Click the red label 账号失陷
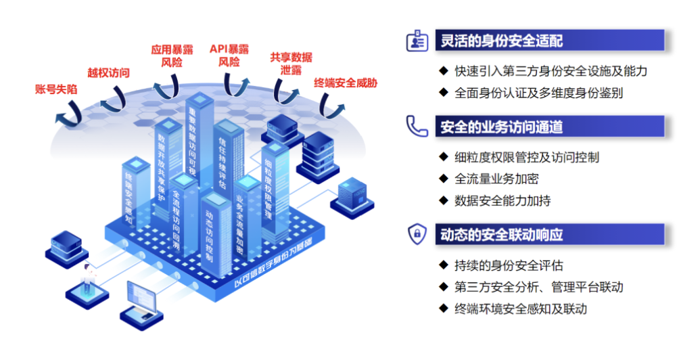click(55, 89)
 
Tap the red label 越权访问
click(108, 72)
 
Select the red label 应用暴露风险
click(171, 55)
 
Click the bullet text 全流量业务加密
click(496, 179)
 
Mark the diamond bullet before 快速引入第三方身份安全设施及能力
click(443, 70)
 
